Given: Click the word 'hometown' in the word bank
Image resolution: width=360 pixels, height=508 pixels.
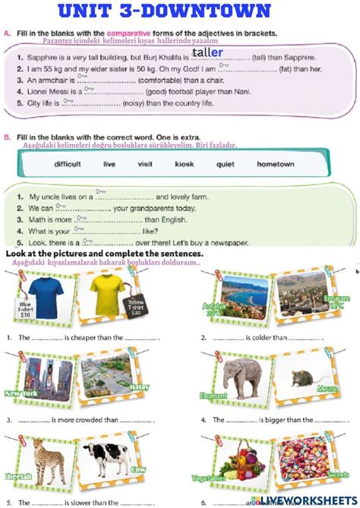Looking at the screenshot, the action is point(275,163).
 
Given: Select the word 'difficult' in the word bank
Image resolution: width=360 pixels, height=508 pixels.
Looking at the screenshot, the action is point(68,163).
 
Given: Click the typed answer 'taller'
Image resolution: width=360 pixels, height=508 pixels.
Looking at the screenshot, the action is point(207,52).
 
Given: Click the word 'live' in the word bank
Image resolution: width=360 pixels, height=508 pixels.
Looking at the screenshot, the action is point(109,163).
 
